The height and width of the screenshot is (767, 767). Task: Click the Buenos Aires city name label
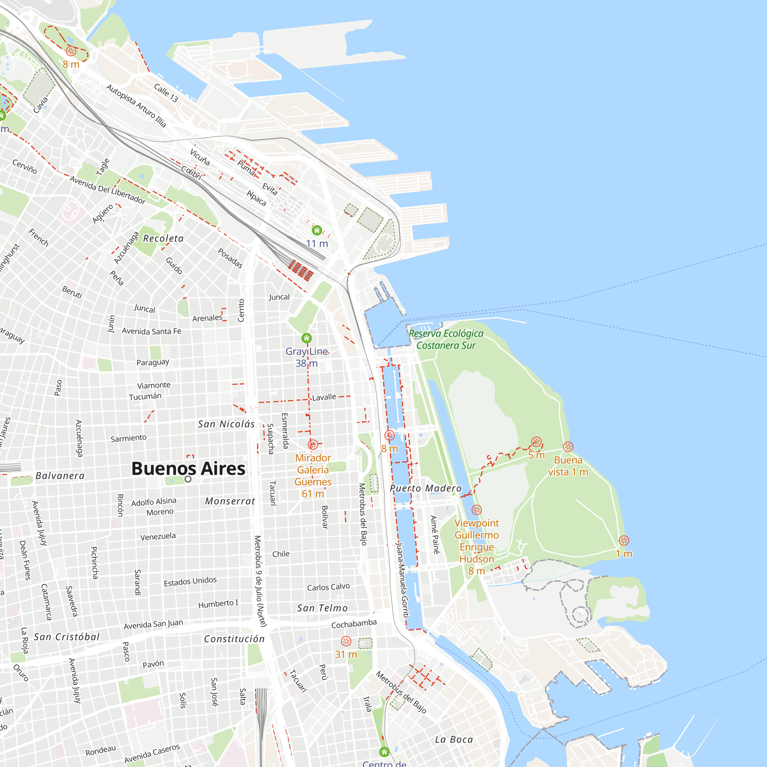[x=188, y=469]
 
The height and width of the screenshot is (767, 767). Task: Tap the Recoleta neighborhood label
[x=163, y=239]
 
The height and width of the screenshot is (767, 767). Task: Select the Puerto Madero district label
[x=426, y=488]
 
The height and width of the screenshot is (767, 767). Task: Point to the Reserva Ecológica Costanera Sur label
[x=446, y=339]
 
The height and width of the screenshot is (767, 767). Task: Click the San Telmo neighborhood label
[x=322, y=608]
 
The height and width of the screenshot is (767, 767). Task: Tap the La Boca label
[x=454, y=739]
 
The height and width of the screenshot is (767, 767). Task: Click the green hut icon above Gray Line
[x=306, y=338]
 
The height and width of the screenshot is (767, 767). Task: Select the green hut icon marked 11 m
[x=317, y=230]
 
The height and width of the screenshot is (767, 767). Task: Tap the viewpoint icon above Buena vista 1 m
[x=568, y=447]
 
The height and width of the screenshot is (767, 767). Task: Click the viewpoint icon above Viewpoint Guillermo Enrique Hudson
[x=476, y=510]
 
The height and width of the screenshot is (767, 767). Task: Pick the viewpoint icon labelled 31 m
[x=346, y=641]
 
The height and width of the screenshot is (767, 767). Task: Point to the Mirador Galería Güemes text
[x=313, y=476]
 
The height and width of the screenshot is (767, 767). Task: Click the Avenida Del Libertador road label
[x=108, y=190]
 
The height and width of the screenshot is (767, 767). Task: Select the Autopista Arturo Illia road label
[x=136, y=105]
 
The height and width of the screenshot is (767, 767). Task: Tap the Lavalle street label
[x=324, y=397]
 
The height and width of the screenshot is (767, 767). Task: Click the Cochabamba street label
[x=354, y=624]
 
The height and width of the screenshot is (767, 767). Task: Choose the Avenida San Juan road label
[x=153, y=624]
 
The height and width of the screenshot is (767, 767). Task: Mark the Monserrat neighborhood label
[x=230, y=501]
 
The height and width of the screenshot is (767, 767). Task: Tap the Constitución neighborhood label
[x=234, y=639]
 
